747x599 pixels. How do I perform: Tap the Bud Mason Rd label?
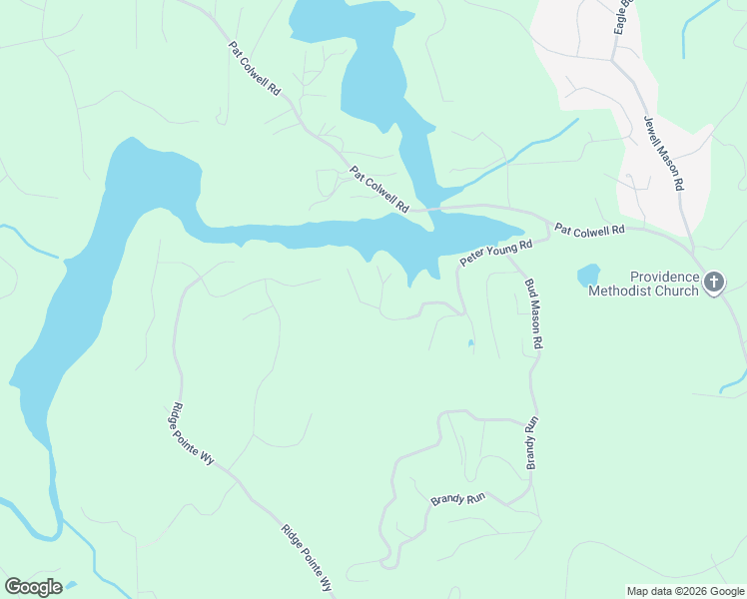(534, 312)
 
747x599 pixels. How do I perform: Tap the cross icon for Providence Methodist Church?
(714, 284)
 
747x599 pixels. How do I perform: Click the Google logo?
(33, 586)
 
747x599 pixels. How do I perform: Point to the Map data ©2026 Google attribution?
(684, 591)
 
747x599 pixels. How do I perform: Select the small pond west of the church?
(588, 275)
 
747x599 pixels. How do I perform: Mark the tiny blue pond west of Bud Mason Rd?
(470, 344)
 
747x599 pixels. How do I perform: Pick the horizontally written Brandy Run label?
(456, 497)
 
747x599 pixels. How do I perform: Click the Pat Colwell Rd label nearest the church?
(589, 229)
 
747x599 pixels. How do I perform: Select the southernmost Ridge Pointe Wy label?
(307, 560)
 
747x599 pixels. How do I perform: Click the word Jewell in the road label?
(654, 136)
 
